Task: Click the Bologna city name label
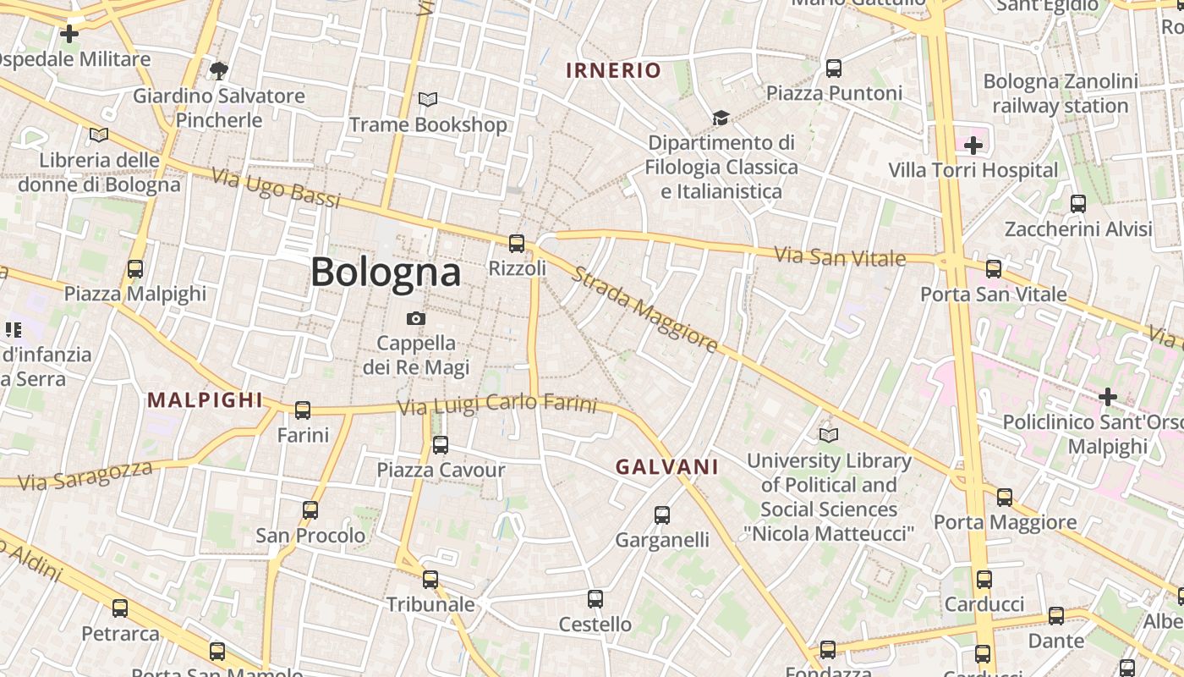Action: click(x=386, y=272)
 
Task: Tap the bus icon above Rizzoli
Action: click(x=517, y=244)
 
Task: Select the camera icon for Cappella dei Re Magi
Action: click(x=415, y=318)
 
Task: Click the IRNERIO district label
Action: click(x=613, y=70)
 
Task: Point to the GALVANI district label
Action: click(x=667, y=466)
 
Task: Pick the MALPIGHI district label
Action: click(x=206, y=400)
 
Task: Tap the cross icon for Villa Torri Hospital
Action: click(x=973, y=146)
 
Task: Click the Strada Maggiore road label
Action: click(x=644, y=310)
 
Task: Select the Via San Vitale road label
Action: click(x=840, y=256)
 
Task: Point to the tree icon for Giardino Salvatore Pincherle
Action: click(x=219, y=70)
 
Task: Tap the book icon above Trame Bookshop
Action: click(x=428, y=100)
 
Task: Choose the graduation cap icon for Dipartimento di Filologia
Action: click(x=721, y=118)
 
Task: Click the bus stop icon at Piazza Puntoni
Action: click(x=834, y=69)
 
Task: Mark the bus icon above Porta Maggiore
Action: click(x=1005, y=497)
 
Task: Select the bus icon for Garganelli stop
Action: click(x=662, y=515)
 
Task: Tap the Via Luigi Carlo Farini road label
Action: click(x=497, y=405)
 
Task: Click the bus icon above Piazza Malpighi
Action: click(x=135, y=269)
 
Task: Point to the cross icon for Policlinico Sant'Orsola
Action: click(x=1107, y=396)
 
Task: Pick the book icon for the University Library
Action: click(x=829, y=435)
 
